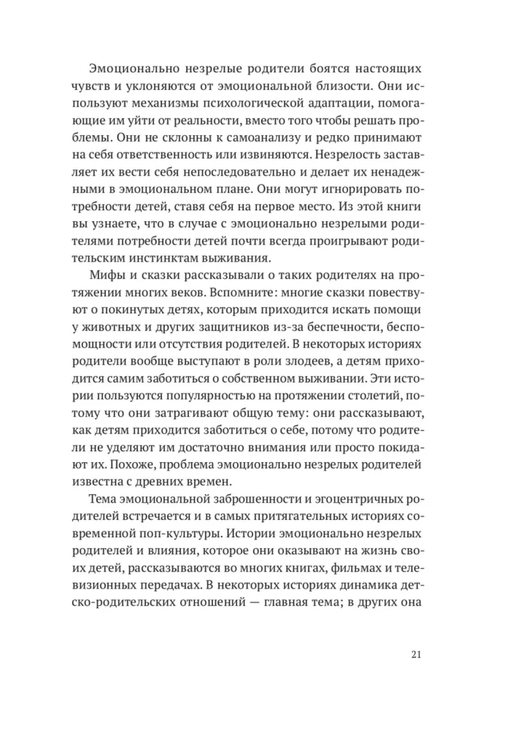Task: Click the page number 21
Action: [416, 653]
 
